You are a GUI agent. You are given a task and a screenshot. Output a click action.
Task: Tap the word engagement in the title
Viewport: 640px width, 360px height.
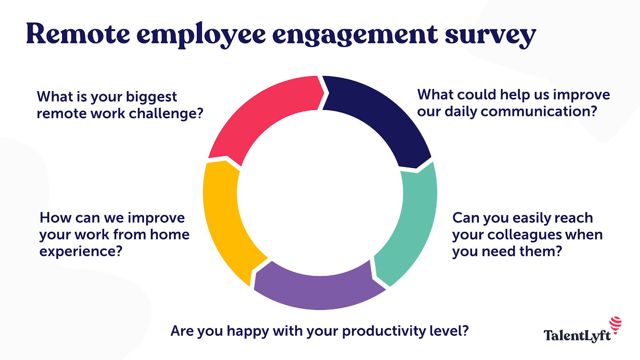tap(355, 35)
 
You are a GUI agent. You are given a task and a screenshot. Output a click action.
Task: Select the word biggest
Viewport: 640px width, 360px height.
tap(151, 97)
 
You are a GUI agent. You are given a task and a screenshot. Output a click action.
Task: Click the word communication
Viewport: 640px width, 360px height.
tap(538, 112)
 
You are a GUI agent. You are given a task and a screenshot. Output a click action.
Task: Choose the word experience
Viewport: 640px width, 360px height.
tap(80, 252)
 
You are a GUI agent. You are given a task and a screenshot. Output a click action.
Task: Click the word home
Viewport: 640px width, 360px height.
tap(170, 235)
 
